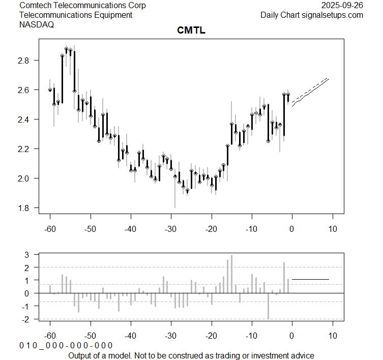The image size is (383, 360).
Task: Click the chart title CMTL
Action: [191, 31]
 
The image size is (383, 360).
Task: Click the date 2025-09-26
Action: [342, 5]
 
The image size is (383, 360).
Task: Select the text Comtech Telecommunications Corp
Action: [82, 5]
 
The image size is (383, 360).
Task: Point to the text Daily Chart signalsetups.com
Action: [312, 15]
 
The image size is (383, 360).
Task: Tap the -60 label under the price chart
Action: [50, 229]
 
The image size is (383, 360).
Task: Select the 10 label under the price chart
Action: [332, 229]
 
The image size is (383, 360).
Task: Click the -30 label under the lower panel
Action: [171, 336]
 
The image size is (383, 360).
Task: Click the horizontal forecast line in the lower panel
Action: [310, 279]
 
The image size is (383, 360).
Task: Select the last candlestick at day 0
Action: [288, 97]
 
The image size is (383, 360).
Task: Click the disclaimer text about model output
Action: [191, 355]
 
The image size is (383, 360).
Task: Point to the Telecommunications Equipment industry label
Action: [76, 15]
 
